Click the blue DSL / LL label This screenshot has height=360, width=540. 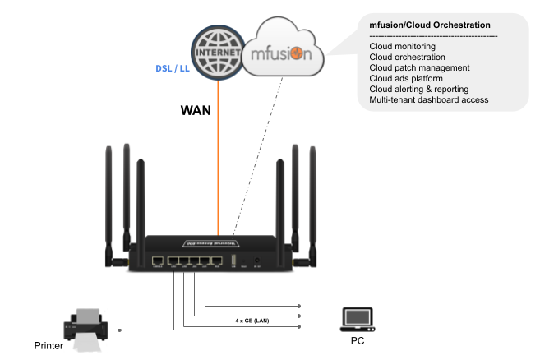173,68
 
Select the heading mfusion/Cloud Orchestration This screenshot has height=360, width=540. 430,25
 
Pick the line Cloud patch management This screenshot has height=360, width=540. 419,68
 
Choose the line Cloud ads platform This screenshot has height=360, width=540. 407,79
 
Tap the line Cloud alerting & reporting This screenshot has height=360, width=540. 419,89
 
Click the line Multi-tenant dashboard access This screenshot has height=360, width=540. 429,99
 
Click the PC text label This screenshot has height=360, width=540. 358,339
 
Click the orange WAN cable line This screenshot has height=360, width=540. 219,164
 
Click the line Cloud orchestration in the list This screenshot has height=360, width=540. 408,58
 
